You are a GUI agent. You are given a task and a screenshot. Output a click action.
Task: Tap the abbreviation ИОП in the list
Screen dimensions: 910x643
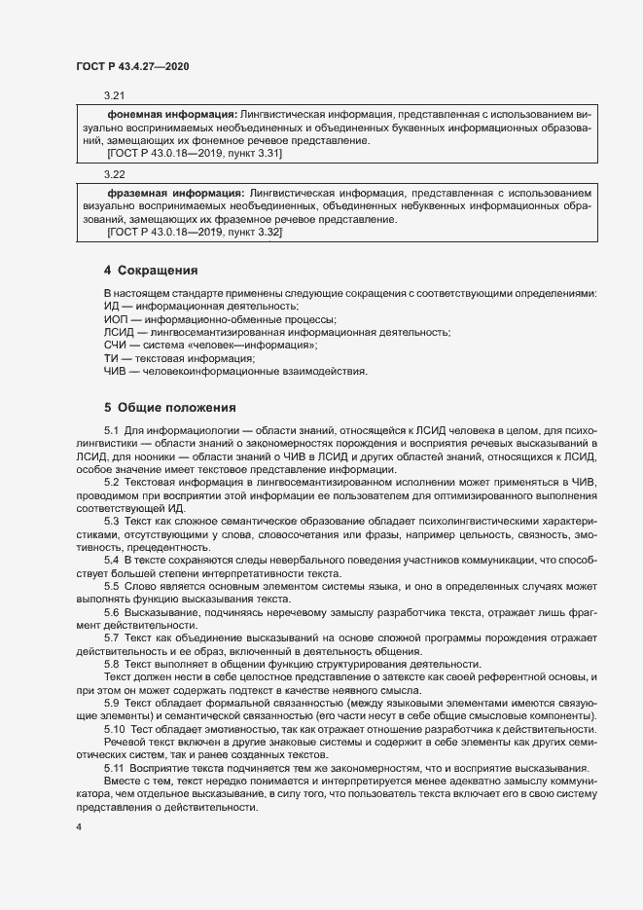pyautogui.click(x=116, y=319)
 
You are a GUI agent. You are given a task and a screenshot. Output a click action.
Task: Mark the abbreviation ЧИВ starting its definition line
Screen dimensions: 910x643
pyautogui.click(x=116, y=371)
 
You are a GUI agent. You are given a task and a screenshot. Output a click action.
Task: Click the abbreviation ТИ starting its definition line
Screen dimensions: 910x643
pyautogui.click(x=111, y=358)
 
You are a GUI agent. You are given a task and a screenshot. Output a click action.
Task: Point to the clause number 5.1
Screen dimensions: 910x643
pyautogui.click(x=111, y=431)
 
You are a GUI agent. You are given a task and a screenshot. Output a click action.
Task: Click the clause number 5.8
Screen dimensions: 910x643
pyautogui.click(x=111, y=662)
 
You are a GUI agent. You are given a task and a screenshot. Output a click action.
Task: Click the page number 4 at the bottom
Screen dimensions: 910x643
pyautogui.click(x=78, y=827)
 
